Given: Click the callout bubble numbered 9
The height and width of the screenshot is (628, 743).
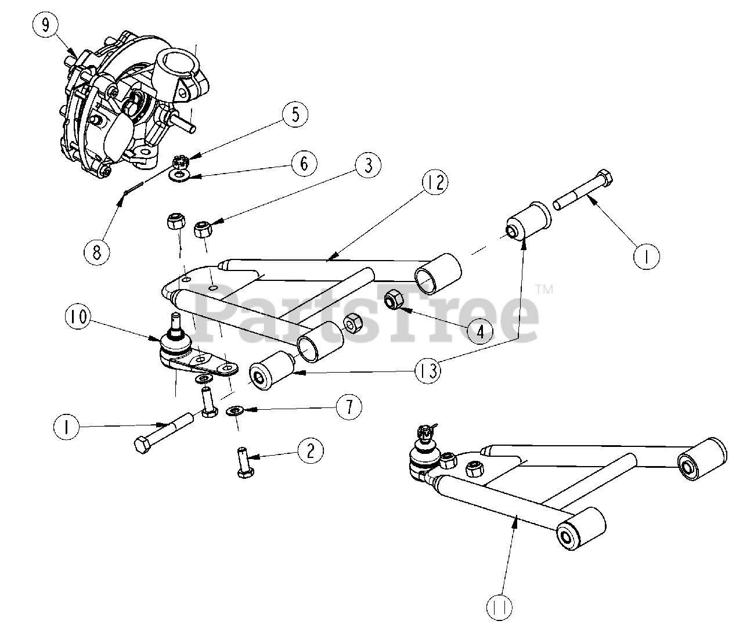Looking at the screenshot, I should [x=46, y=25].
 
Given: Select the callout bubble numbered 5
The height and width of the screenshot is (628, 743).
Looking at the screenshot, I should [x=296, y=114].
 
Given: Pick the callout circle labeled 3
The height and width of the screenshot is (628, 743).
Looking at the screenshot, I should [x=367, y=165].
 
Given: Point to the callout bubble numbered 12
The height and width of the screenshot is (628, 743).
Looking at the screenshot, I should [x=435, y=184].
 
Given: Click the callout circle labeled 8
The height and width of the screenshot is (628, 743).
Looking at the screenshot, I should [x=96, y=251].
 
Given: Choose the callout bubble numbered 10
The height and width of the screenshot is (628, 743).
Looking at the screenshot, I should [x=78, y=317].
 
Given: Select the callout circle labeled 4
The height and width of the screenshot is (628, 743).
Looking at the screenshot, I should [x=480, y=331].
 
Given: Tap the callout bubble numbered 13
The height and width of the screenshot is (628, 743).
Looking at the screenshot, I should [x=427, y=369].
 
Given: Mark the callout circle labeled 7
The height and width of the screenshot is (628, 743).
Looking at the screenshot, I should [x=349, y=407].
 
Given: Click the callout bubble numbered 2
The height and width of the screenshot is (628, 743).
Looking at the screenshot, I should [x=311, y=450].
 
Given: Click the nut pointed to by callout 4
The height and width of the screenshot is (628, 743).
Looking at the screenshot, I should [x=395, y=299].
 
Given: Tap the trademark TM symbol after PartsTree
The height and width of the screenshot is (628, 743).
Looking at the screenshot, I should [x=544, y=288].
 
